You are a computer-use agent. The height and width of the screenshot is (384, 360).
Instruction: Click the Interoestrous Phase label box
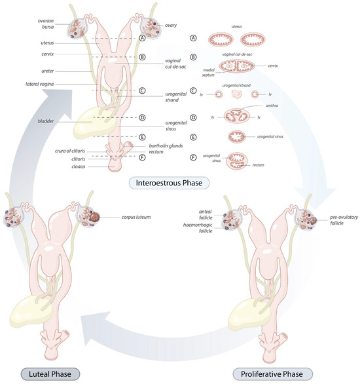[169, 183]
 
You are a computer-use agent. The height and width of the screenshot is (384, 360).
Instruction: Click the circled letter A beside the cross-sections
[193, 39]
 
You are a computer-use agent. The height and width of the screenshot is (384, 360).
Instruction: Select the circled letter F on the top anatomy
[141, 157]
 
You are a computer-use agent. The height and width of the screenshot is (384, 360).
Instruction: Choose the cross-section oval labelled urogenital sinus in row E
[238, 137]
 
